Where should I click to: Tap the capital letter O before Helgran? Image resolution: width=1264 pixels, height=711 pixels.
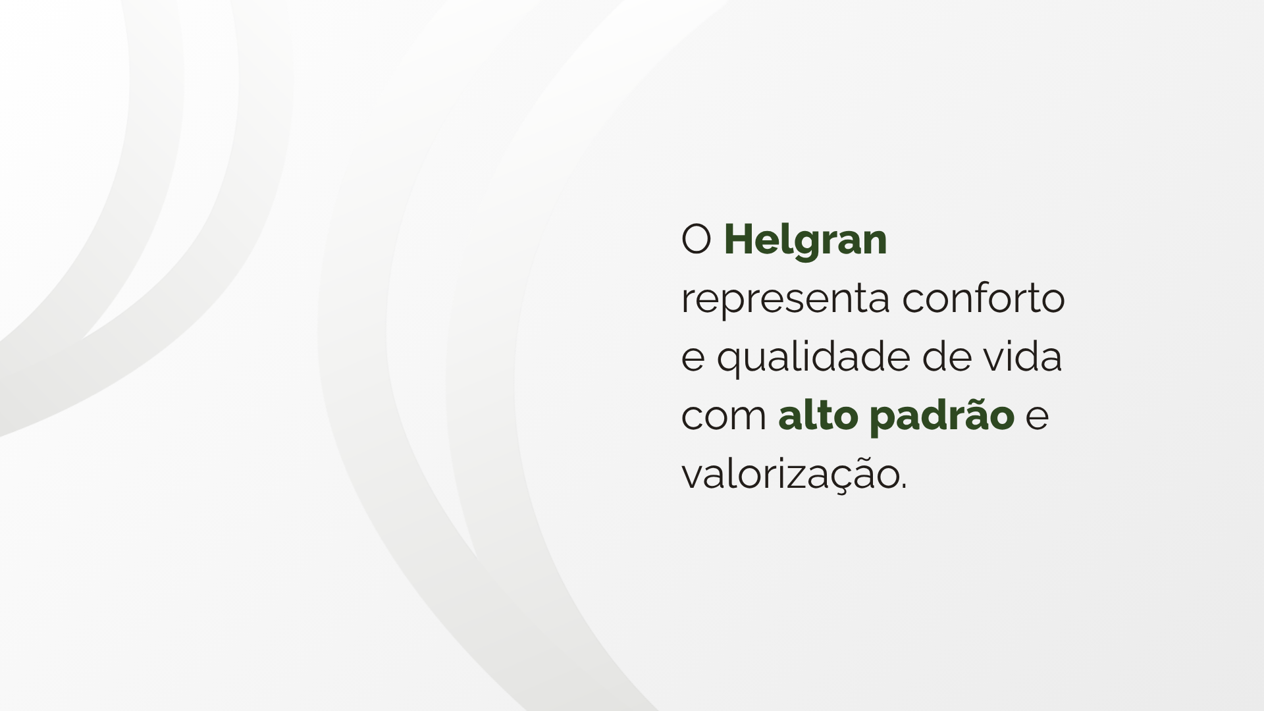[697, 240]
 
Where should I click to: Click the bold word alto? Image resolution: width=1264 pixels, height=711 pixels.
[818, 415]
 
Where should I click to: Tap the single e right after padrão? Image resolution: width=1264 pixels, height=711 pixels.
[1038, 417]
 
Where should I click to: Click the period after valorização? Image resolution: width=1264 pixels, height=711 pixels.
[904, 488]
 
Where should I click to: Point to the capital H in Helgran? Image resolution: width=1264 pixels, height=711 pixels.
[738, 240]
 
